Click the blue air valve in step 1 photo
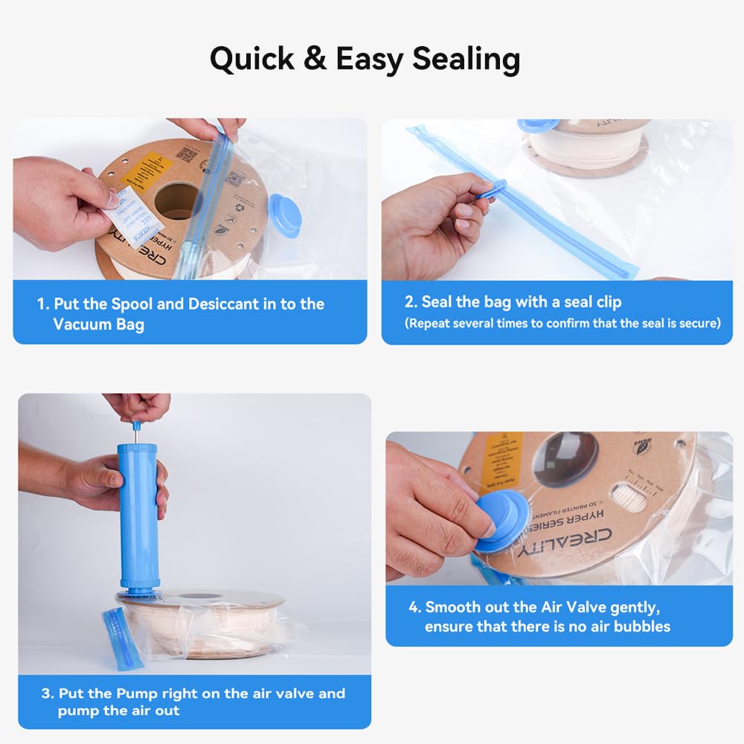tap(285, 214)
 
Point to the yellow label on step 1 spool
tap(142, 168)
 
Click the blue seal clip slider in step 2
tap(492, 189)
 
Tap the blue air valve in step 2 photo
tap(538, 126)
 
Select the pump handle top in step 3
tap(136, 426)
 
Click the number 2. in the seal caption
tap(411, 302)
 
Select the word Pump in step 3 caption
tap(137, 693)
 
